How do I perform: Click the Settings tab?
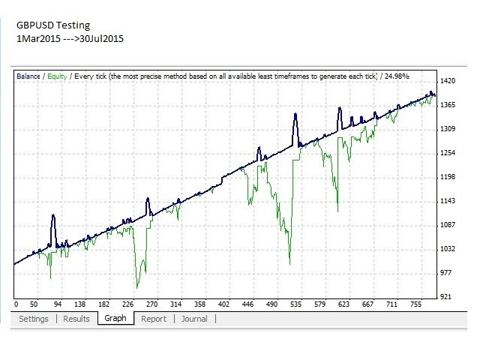(x=34, y=319)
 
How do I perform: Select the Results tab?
(x=76, y=319)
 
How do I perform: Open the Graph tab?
(x=115, y=318)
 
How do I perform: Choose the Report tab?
(x=154, y=319)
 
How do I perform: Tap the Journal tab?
(x=194, y=319)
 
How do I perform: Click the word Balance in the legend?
(x=28, y=76)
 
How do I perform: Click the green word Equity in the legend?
(x=57, y=76)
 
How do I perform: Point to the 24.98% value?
(x=397, y=76)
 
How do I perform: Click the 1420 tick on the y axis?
(x=448, y=81)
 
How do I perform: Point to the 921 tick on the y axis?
(x=445, y=297)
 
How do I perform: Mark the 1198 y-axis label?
(x=448, y=177)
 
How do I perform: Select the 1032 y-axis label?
(x=448, y=248)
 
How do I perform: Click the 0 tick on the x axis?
(x=16, y=304)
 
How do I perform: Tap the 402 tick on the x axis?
(x=223, y=304)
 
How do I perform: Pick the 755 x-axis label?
(x=415, y=304)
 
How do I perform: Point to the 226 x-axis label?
(x=128, y=304)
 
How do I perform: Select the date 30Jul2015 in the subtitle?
(x=102, y=38)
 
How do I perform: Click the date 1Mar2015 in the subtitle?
(x=38, y=38)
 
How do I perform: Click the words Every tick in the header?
(x=90, y=76)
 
